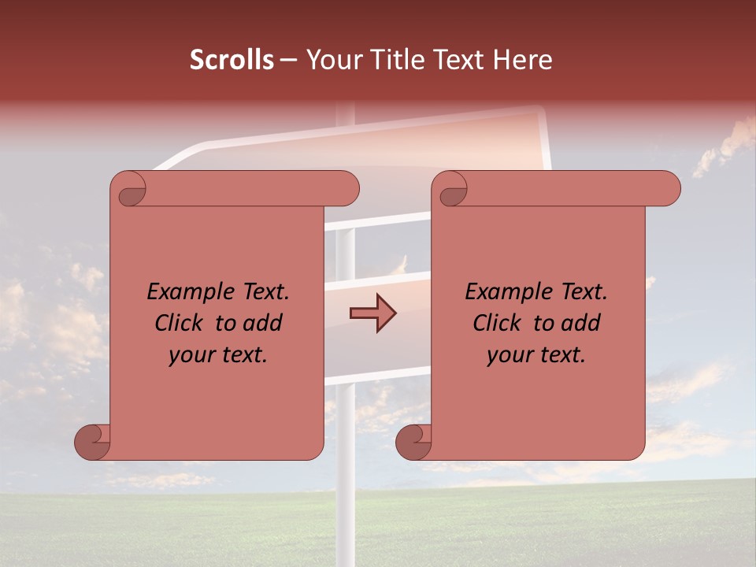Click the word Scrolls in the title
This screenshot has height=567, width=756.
[232, 61]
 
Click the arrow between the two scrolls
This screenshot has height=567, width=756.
[372, 313]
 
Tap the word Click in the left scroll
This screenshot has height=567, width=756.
[180, 323]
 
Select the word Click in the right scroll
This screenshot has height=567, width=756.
[498, 323]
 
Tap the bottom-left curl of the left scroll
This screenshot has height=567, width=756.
[93, 442]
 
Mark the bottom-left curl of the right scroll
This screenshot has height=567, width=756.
[414, 442]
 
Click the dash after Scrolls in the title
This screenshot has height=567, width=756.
[288, 61]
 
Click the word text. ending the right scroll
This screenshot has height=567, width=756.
[563, 354]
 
